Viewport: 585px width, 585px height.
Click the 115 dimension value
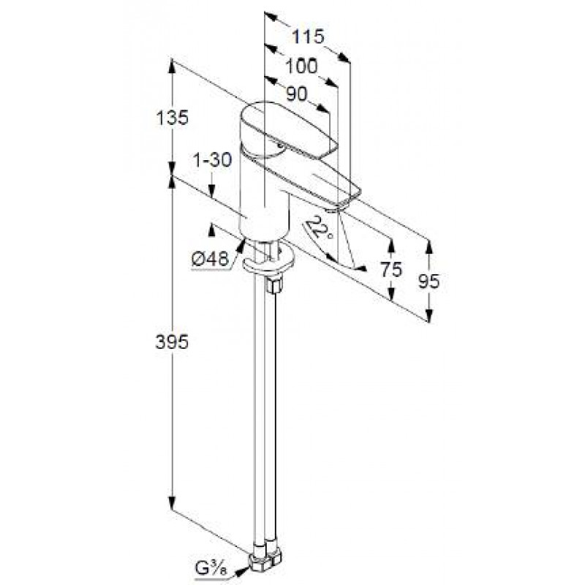[308, 37]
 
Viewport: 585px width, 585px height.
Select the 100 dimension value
[301, 67]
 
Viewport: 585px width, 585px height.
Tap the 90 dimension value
[297, 94]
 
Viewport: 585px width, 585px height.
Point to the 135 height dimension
[173, 118]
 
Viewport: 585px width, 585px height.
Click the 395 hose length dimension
[172, 341]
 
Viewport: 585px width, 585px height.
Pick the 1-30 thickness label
[212, 159]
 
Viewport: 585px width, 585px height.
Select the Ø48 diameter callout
[210, 259]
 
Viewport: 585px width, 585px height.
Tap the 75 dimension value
[391, 269]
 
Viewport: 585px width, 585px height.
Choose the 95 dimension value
[429, 282]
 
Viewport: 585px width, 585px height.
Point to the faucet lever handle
[287, 131]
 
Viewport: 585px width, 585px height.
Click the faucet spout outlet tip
[338, 208]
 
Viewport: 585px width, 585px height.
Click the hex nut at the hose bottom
[265, 563]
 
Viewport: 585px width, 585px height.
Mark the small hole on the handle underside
[279, 146]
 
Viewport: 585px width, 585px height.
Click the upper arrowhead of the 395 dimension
[172, 181]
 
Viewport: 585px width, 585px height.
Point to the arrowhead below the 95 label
[429, 315]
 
